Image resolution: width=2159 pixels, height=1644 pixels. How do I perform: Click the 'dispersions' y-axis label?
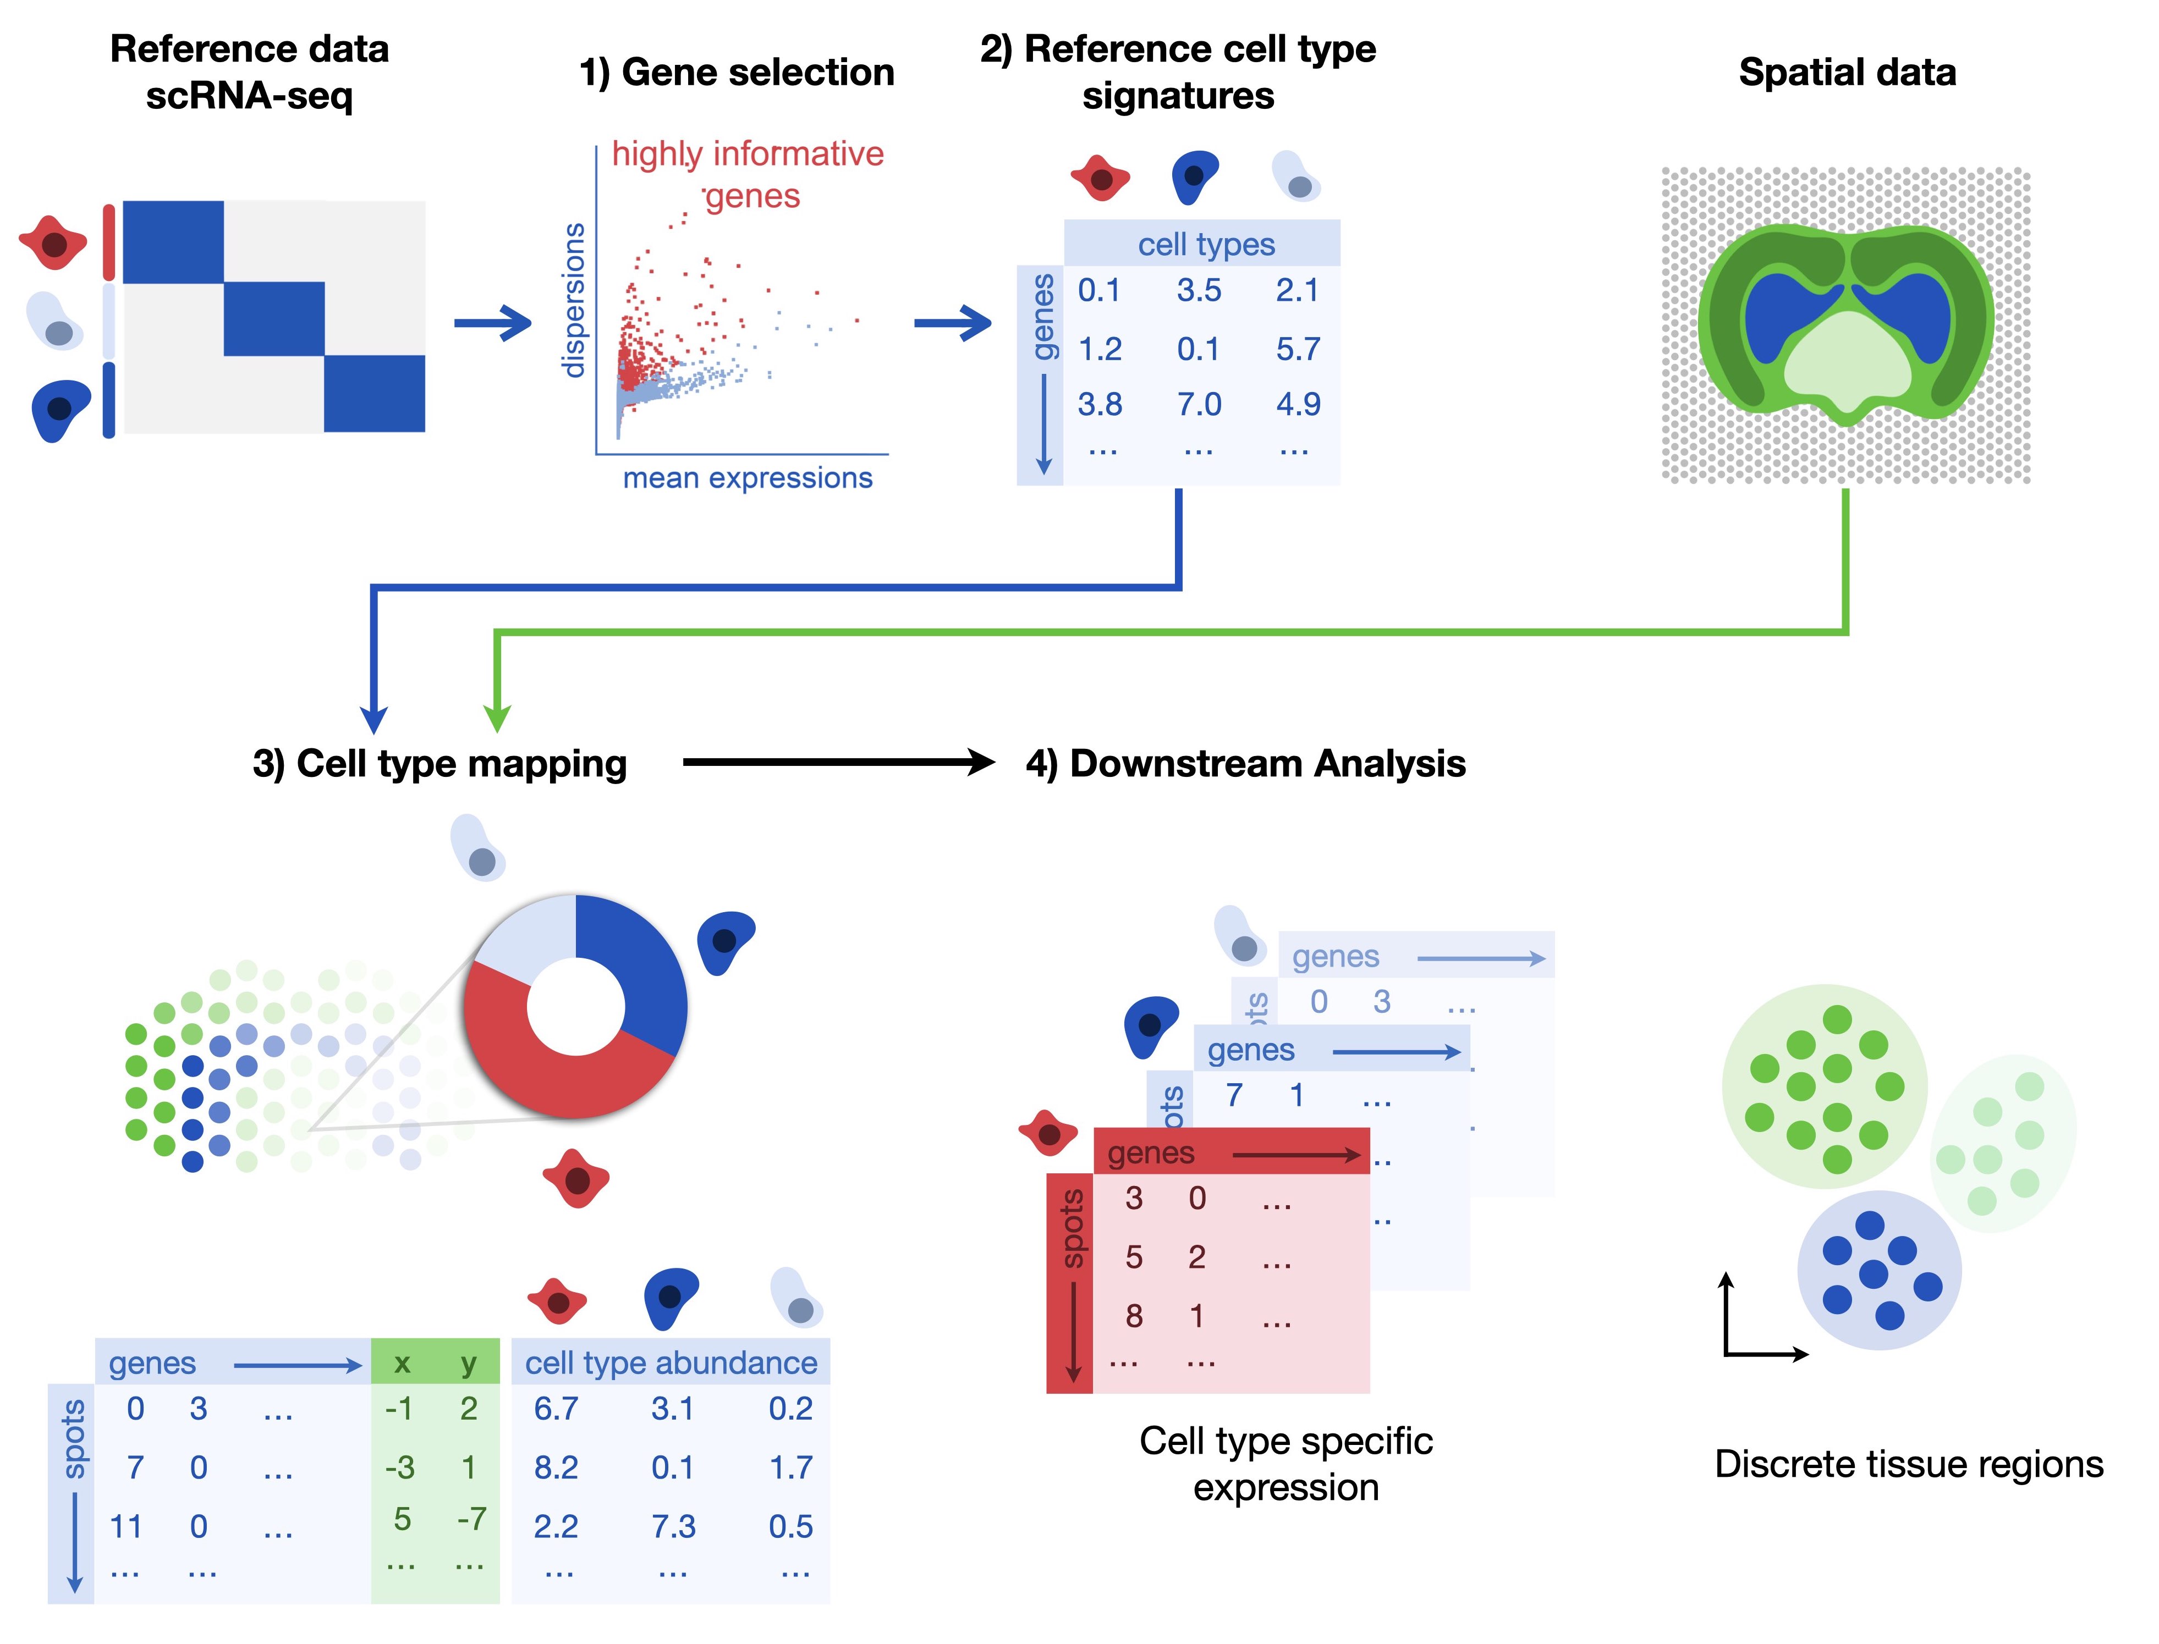click(x=574, y=300)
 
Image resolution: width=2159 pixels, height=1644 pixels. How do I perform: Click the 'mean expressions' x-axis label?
click(x=747, y=478)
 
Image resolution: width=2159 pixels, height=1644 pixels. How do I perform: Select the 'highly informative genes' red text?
click(x=747, y=174)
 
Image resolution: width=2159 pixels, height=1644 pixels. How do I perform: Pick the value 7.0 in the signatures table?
click(x=1199, y=404)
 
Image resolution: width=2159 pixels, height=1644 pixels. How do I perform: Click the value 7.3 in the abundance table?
click(x=673, y=1526)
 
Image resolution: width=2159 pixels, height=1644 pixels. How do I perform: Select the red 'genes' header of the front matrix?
click(x=1151, y=1153)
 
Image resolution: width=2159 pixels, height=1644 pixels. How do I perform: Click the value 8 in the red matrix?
click(x=1133, y=1316)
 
